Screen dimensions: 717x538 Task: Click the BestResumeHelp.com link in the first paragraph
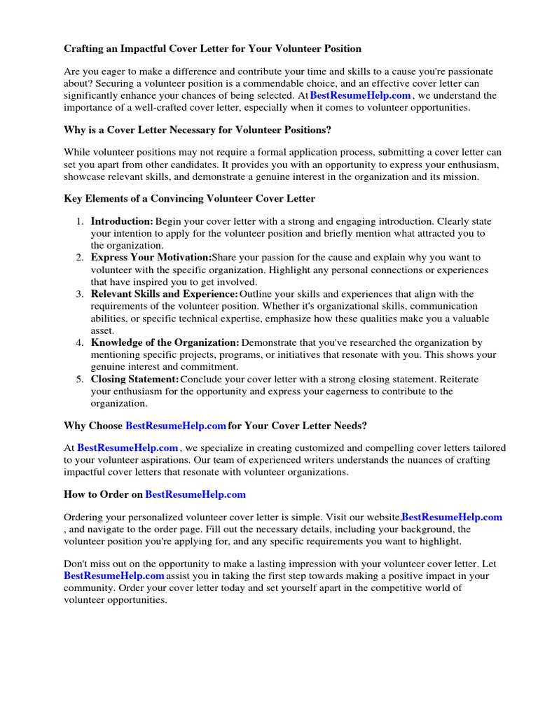360,95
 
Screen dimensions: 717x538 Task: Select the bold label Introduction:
122,221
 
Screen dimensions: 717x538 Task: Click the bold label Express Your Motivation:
151,258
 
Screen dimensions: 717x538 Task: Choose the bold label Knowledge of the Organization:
165,342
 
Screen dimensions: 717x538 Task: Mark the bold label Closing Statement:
135,379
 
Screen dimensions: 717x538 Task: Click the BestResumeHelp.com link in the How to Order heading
195,494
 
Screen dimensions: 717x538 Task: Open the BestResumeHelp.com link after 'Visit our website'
452,517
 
